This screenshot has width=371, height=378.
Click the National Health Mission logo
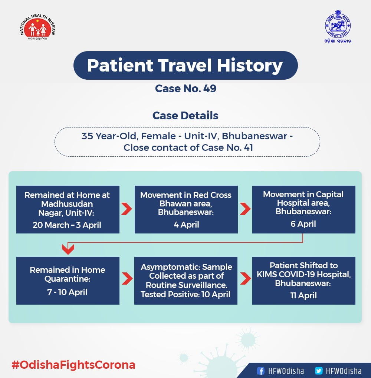[x=37, y=27]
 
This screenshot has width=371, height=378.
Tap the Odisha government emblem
[x=338, y=26]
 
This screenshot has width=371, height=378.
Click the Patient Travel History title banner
[x=185, y=65]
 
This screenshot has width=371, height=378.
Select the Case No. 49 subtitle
[x=185, y=89]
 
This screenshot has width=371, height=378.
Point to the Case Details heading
[x=185, y=116]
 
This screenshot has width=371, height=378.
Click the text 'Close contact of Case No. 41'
[x=188, y=147]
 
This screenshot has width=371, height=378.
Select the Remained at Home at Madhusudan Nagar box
[x=68, y=209]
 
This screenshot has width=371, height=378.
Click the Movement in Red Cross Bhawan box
[x=186, y=209]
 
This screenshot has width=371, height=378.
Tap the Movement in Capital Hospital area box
[x=303, y=209]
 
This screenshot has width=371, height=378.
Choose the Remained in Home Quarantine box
[x=68, y=281]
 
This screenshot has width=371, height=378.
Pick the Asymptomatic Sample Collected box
[x=186, y=281]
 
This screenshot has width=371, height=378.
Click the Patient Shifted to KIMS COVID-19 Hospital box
[x=303, y=281]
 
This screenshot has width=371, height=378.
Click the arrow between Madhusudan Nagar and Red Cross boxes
[x=127, y=209]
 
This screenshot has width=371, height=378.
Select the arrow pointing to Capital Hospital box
[x=245, y=209]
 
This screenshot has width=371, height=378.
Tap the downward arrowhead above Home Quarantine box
[x=68, y=249]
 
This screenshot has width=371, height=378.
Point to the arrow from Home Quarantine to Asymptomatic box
[x=127, y=279]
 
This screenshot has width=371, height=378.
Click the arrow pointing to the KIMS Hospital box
[x=246, y=279]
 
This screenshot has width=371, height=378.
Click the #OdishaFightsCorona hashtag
[x=73, y=365]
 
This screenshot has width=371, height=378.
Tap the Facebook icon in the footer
[x=260, y=371]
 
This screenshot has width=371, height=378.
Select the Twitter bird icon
[x=319, y=371]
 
